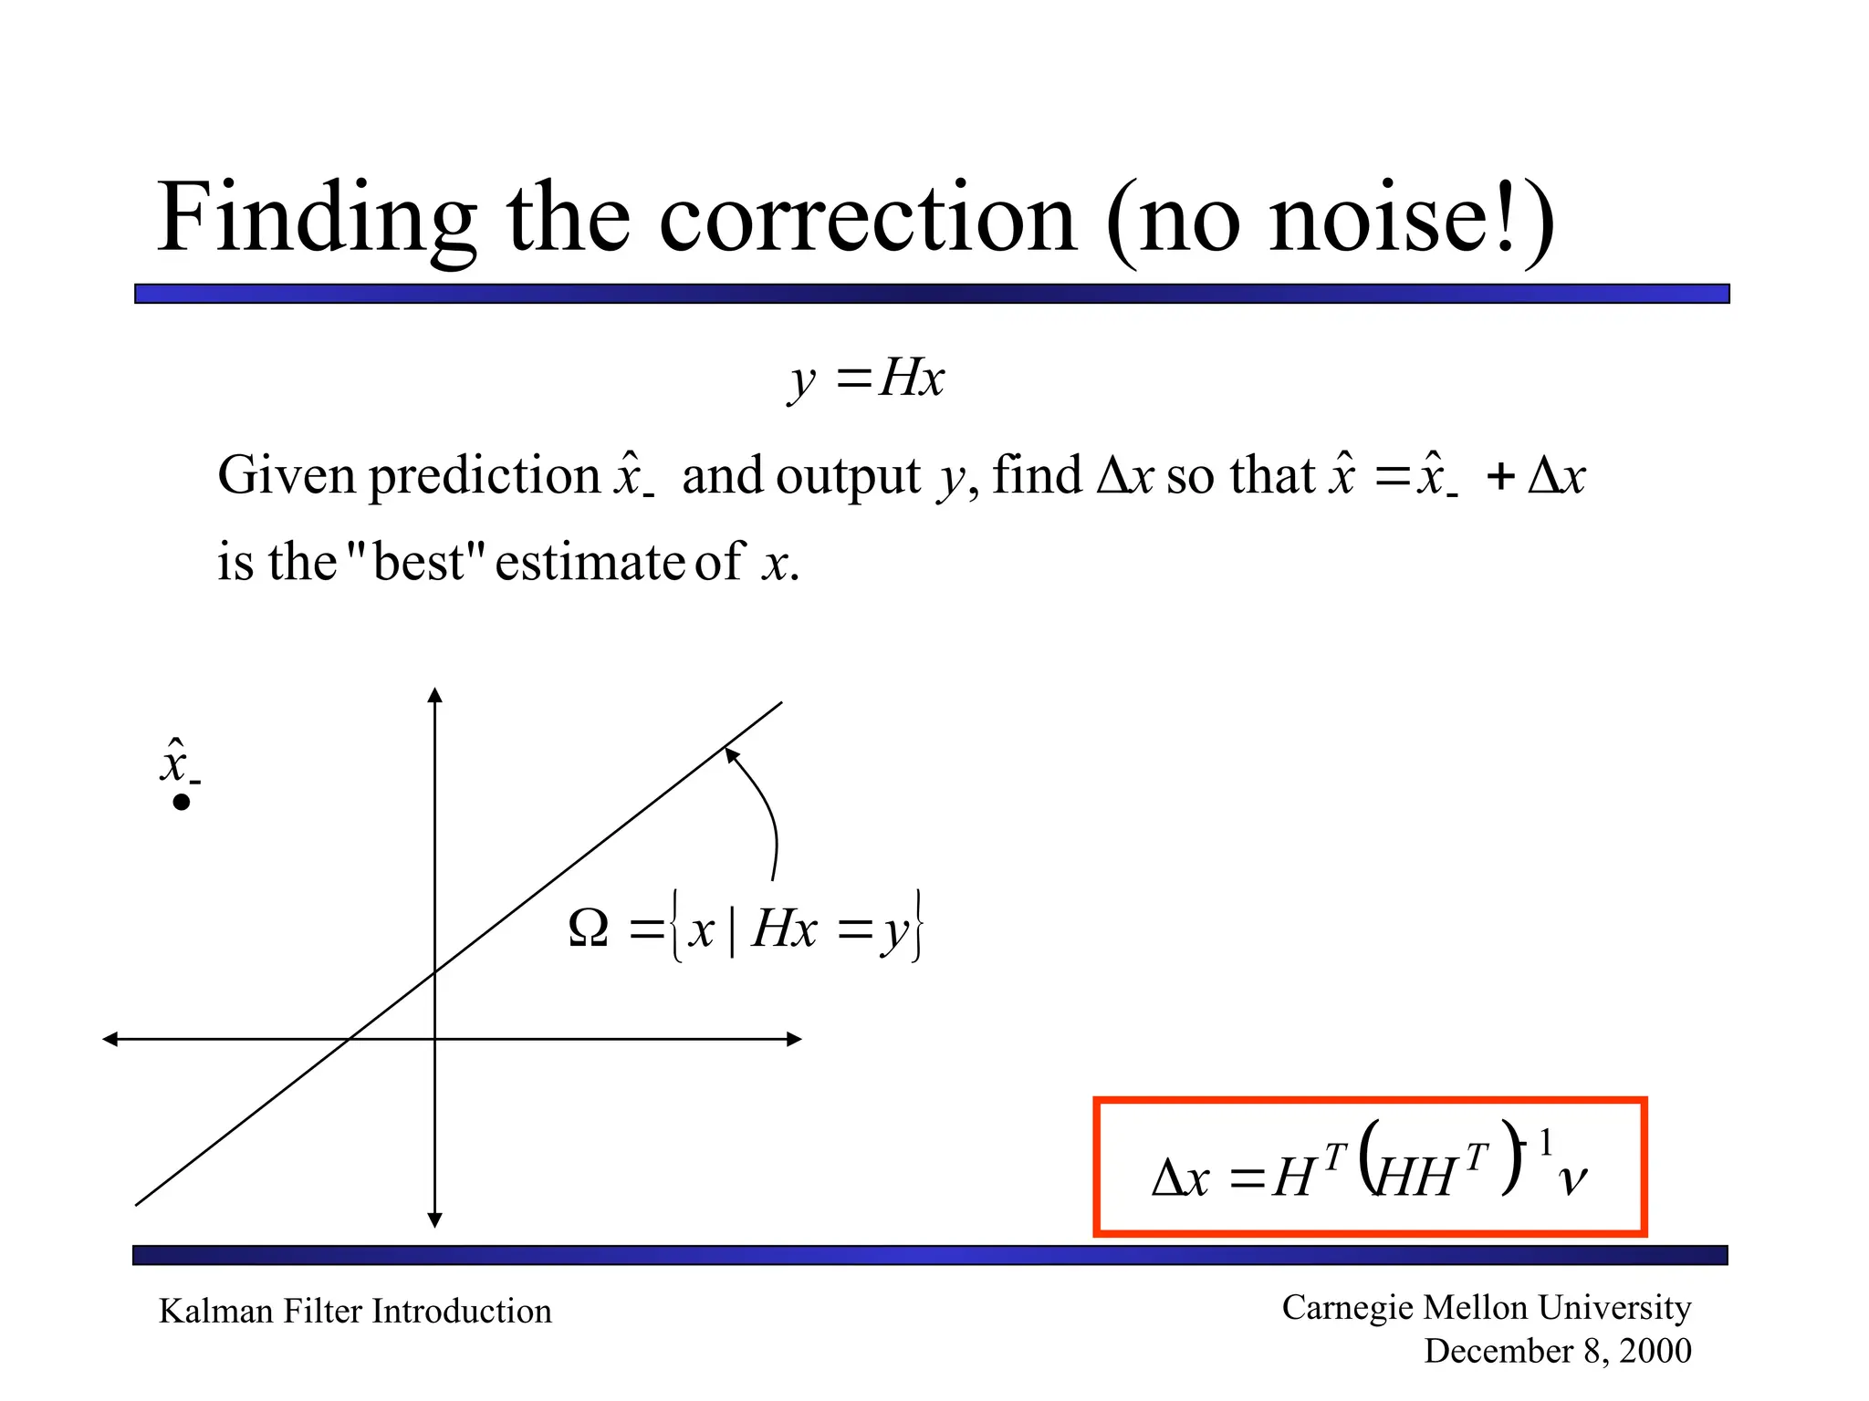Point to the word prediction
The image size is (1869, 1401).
pyautogui.click(x=485, y=476)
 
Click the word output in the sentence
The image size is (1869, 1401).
pyautogui.click(x=848, y=476)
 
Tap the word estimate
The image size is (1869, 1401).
pyautogui.click(x=590, y=562)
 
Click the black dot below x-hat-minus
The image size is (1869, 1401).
pyautogui.click(x=182, y=803)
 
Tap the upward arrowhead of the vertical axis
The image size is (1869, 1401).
pyautogui.click(x=435, y=695)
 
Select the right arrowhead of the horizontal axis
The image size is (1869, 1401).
pyautogui.click(x=794, y=1039)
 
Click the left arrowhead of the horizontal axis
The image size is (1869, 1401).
pyautogui.click(x=110, y=1039)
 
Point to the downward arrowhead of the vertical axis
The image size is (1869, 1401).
pyautogui.click(x=435, y=1219)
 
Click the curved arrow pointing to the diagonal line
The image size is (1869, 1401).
pyautogui.click(x=767, y=812)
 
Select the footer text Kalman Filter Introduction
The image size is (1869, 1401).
pyautogui.click(x=355, y=1311)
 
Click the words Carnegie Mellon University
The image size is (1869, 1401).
pyautogui.click(x=1486, y=1307)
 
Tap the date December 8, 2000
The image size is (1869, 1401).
pyautogui.click(x=1557, y=1351)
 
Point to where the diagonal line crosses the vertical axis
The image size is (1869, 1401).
pyautogui.click(x=435, y=971)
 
